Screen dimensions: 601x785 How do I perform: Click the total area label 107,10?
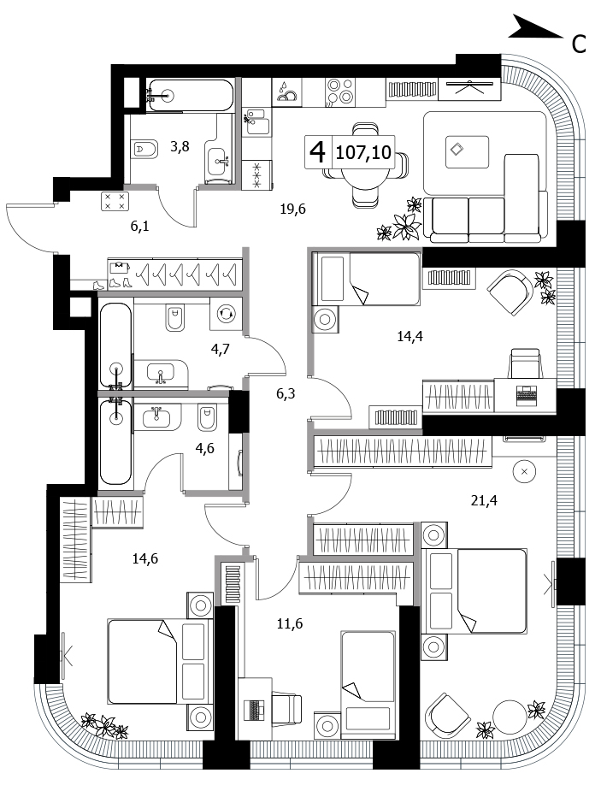click(363, 151)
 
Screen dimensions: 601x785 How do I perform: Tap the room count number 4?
click(318, 151)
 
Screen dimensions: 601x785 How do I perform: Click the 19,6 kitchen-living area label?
click(292, 209)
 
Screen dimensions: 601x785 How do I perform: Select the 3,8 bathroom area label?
click(180, 147)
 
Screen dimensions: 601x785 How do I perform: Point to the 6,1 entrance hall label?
click(139, 227)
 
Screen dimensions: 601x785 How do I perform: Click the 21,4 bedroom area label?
click(484, 499)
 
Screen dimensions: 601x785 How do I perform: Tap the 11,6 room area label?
click(290, 623)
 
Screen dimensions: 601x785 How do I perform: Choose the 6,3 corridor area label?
click(286, 394)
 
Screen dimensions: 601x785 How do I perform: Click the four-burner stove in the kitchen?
click(339, 92)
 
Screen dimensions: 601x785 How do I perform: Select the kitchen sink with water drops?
click(287, 92)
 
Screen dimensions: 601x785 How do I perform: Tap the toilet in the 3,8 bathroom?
click(144, 149)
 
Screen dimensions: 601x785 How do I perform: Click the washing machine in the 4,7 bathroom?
click(225, 313)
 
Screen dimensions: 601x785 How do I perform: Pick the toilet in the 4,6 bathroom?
click(207, 418)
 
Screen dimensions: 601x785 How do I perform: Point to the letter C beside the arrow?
click(579, 44)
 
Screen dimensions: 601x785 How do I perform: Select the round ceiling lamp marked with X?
click(524, 471)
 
